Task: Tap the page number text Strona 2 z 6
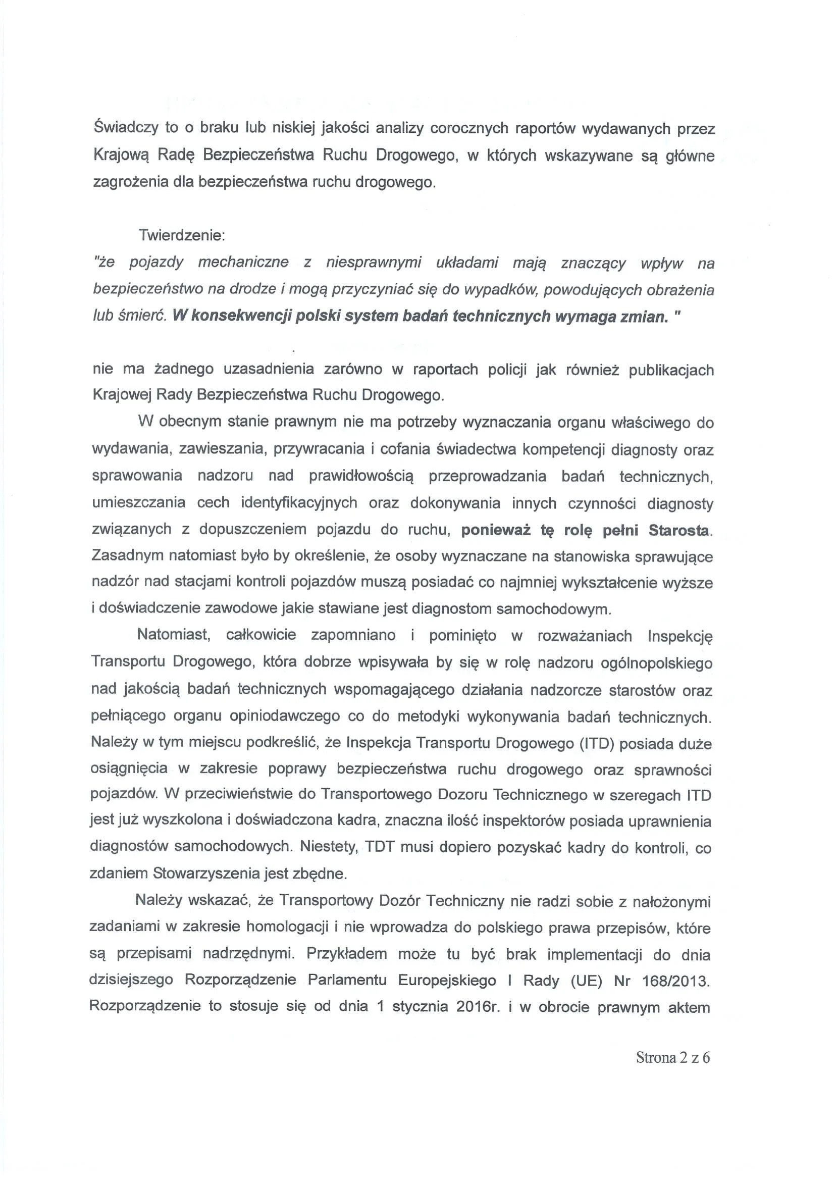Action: click(673, 1057)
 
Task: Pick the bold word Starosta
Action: click(680, 530)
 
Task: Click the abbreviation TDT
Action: click(380, 847)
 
